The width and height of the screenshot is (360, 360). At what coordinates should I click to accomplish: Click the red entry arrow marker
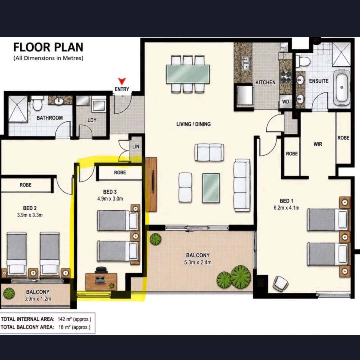point(122,81)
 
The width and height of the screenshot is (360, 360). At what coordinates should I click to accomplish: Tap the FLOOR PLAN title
point(48,47)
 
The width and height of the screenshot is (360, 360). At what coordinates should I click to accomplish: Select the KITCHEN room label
point(265,83)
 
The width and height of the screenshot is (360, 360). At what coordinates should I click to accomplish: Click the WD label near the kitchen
point(285,102)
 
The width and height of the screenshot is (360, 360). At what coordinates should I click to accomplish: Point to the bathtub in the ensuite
point(342,87)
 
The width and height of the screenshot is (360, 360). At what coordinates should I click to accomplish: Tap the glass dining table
point(188,74)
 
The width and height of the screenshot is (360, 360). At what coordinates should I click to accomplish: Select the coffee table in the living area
point(211,188)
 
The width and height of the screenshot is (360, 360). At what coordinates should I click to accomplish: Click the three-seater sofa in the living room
point(242,185)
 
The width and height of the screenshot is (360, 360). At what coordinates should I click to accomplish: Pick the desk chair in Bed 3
point(101,270)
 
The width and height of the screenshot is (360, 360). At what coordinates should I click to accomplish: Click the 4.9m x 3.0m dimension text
point(110,199)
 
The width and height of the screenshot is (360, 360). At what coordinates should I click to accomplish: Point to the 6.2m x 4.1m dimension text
point(286,208)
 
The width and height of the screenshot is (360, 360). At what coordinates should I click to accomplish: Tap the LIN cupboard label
point(136,147)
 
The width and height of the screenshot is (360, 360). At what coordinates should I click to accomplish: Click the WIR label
point(318,144)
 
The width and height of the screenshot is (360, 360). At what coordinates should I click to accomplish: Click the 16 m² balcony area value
point(75,327)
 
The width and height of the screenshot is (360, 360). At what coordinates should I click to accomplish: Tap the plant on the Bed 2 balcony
point(9,293)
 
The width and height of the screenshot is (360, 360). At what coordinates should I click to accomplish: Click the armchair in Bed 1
point(281,284)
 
